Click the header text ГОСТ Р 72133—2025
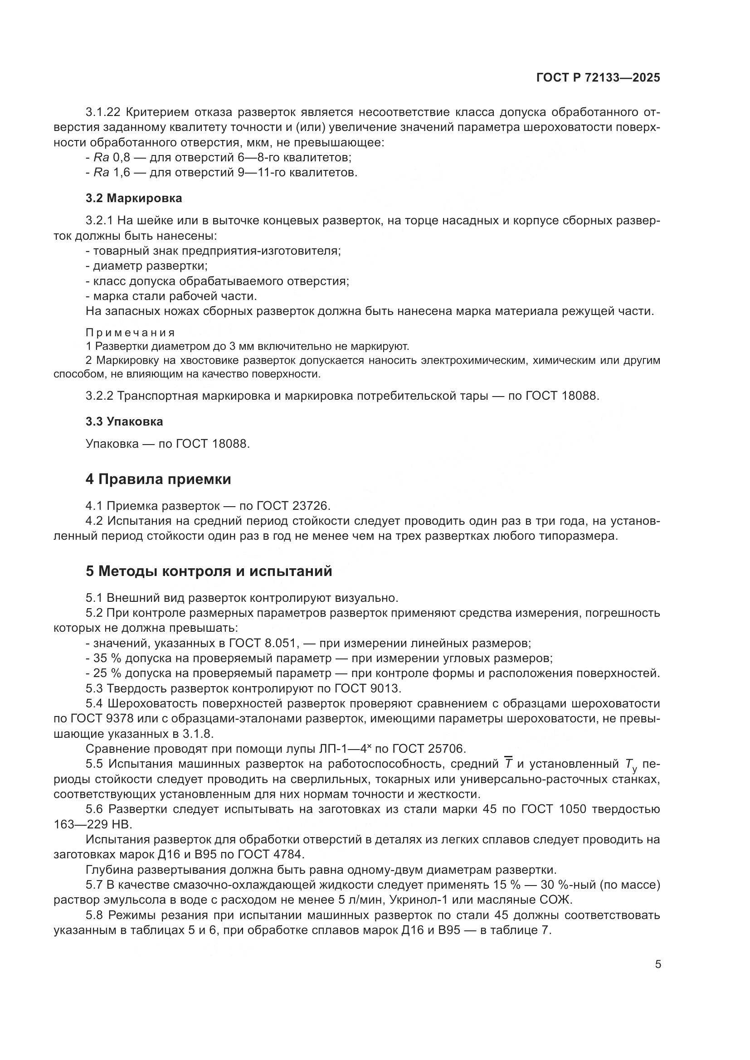coord(598,78)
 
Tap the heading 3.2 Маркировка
coord(133,198)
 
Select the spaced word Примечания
coord(130,332)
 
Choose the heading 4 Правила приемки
coord(158,479)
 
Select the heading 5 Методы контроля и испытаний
coord(209,571)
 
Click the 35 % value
coord(107,658)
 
